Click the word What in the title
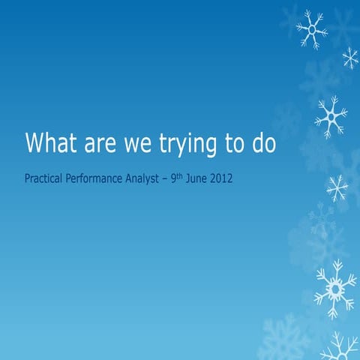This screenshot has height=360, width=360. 53,142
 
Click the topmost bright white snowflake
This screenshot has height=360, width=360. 310,29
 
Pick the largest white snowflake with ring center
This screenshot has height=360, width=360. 334,286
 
